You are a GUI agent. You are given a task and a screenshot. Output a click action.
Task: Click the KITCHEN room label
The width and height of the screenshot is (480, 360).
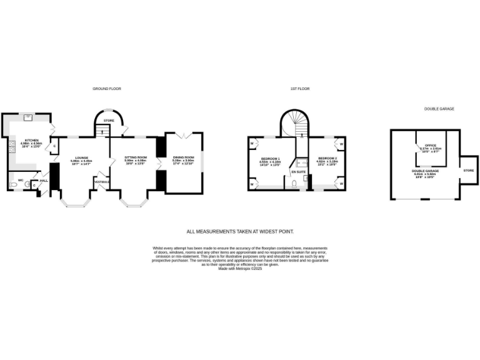pyautogui.click(x=31, y=140)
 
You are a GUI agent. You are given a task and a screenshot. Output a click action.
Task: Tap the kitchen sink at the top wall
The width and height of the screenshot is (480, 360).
pyautogui.click(x=28, y=117)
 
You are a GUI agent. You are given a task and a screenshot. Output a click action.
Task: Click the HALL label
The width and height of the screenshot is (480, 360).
pyautogui.click(x=43, y=180)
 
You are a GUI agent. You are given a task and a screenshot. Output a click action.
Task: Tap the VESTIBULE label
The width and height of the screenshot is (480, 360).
pyautogui.click(x=101, y=182)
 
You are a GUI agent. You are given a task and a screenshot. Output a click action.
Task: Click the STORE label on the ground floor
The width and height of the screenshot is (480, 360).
pyautogui.click(x=108, y=120)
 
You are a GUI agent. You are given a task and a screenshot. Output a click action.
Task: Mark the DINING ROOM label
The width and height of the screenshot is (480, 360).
pyautogui.click(x=184, y=157)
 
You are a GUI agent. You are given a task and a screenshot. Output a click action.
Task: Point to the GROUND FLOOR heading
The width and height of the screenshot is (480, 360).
pyautogui.click(x=106, y=89)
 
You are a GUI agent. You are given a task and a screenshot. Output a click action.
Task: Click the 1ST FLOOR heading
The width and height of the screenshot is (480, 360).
pyautogui.click(x=300, y=89)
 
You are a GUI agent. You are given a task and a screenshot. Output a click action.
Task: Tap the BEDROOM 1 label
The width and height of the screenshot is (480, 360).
pyautogui.click(x=270, y=159)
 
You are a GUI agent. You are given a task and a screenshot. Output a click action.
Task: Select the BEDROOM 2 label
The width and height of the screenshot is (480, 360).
pyautogui.click(x=327, y=158)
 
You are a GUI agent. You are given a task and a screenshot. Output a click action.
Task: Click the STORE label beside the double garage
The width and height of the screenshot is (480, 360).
pyautogui.click(x=468, y=170)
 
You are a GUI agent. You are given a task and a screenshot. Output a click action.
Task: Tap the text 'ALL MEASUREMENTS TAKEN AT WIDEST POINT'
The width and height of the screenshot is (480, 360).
pyautogui.click(x=240, y=231)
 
